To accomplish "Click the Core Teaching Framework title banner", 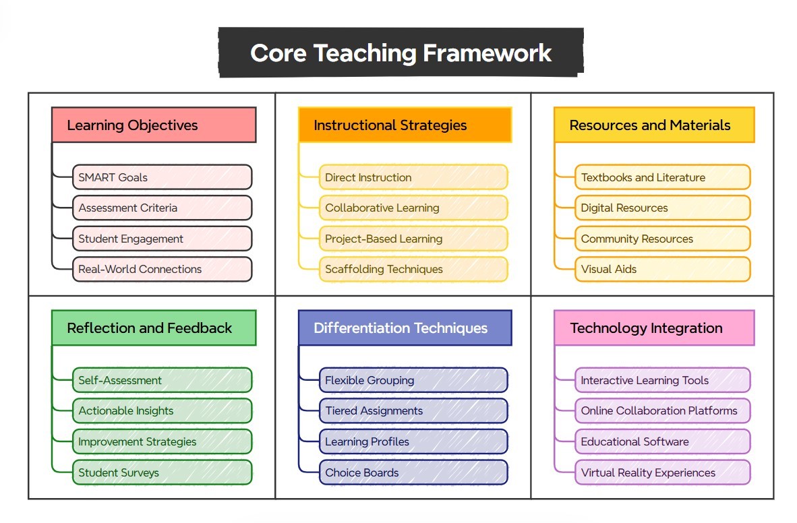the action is (x=401, y=53).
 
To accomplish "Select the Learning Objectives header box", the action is (x=154, y=125).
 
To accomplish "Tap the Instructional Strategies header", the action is (x=405, y=125).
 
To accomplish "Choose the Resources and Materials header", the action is (x=654, y=125).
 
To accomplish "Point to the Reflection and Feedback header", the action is (x=154, y=328).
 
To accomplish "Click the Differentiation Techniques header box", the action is (x=405, y=328).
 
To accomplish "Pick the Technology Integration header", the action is (x=654, y=328).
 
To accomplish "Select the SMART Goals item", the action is (x=162, y=177).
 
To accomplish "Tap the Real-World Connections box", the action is (x=162, y=269).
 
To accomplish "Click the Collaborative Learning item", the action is (x=413, y=208).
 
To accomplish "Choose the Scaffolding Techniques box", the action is (x=413, y=269).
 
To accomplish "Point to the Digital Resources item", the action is (x=662, y=208).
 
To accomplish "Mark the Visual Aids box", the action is (x=662, y=269).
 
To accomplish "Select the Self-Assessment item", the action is (x=162, y=380).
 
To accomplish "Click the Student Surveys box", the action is (x=162, y=472).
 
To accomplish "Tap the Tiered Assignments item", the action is (x=413, y=410).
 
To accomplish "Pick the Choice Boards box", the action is (x=413, y=472).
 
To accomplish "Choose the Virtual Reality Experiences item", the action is (x=662, y=472).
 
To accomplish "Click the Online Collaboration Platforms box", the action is (x=662, y=410).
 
